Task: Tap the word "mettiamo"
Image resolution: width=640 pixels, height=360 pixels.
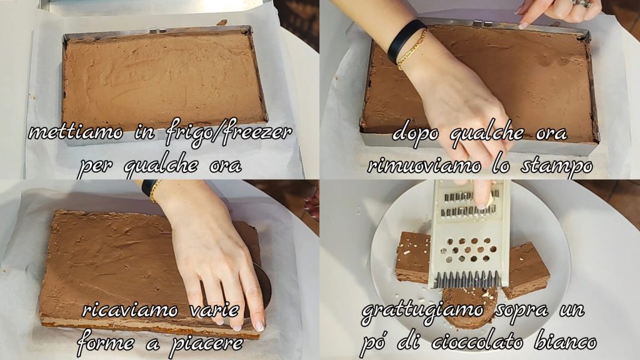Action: [x=76, y=132]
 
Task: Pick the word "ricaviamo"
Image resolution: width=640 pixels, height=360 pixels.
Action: [x=130, y=310]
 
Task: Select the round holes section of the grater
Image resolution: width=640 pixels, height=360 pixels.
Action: [x=469, y=250]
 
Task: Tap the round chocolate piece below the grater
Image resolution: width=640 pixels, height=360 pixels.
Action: [x=469, y=304]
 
